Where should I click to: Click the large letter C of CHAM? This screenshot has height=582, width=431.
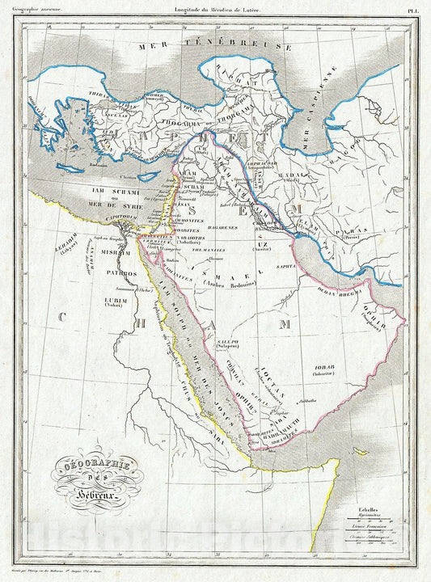tap(62, 317)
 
